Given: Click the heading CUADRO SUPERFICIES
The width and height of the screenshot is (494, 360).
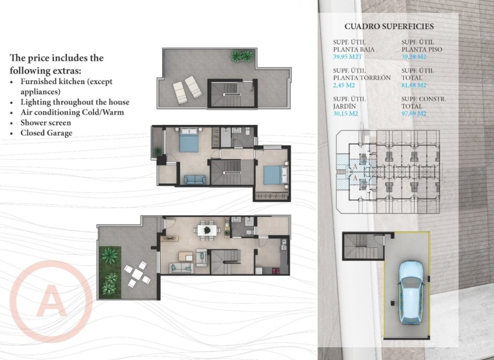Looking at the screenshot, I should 389,26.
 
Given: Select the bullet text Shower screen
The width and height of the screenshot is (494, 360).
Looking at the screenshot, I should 45,123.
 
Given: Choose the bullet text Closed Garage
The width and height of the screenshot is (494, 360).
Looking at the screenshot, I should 46,133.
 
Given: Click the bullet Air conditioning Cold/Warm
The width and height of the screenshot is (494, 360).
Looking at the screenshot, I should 72,112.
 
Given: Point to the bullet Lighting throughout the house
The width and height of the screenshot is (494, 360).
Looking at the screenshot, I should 74,102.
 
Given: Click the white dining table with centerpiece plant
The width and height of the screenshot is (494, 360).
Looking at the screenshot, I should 206,231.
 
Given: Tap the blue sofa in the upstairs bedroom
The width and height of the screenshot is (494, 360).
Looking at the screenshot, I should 194,179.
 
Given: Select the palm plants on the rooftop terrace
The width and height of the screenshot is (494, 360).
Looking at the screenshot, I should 242,56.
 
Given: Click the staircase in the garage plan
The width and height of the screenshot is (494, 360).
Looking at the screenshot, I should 363,246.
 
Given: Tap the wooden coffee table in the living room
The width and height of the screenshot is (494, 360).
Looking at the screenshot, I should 185,255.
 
